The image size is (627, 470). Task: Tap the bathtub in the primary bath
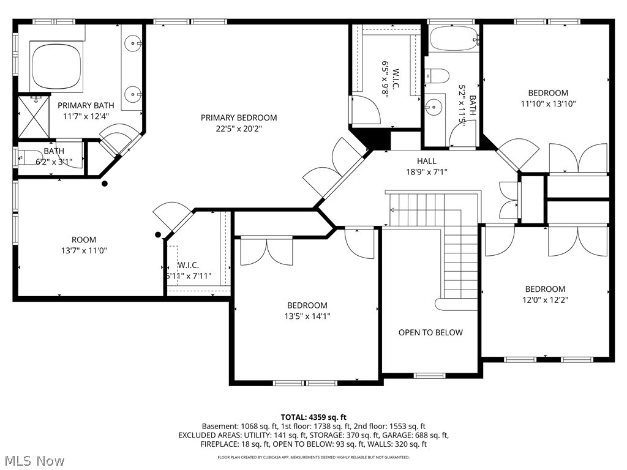(x=56, y=65)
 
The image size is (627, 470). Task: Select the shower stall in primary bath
(x=32, y=116)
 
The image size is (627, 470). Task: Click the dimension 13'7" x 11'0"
(x=84, y=250)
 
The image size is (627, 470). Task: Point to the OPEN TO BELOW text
(x=430, y=332)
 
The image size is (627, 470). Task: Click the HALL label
(x=427, y=161)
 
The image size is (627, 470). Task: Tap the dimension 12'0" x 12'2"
(x=544, y=300)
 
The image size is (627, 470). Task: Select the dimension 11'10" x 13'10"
(x=548, y=104)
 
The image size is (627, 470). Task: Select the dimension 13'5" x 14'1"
(x=307, y=316)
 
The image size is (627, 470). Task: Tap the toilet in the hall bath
(x=437, y=75)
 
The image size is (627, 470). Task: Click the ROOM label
(x=84, y=239)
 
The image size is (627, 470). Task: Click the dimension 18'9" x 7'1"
(x=427, y=172)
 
